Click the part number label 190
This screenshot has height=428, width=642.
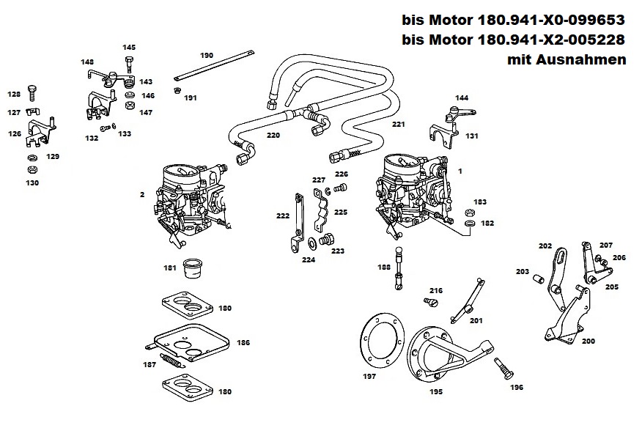pos(207,55)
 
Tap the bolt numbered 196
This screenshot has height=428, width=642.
pos(501,365)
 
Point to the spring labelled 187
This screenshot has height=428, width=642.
pos(171,361)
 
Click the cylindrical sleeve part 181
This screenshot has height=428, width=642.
pos(193,268)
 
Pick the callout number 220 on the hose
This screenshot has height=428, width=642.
pos(273,136)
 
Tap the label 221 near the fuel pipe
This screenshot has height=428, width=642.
pos(398,125)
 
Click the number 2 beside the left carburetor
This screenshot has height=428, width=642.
pos(141,194)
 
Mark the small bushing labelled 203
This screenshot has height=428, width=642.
pos(539,279)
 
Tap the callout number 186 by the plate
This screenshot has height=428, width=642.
pos(243,342)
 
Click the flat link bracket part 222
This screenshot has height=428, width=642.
pos(298,220)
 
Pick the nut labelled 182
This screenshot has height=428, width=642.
pos(471,222)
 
